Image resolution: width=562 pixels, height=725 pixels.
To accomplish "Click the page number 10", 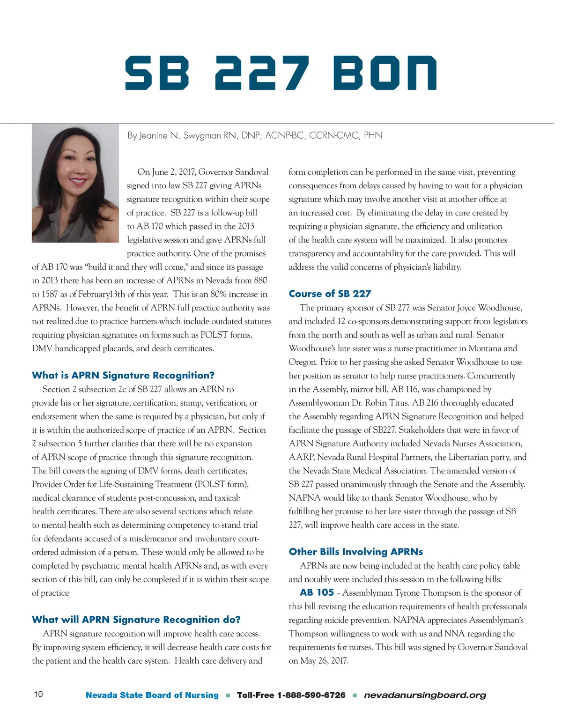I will pos(38,694).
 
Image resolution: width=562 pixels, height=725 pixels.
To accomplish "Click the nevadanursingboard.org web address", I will pos(425,695).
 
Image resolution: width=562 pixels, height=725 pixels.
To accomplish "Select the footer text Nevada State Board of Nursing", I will pos(152,695).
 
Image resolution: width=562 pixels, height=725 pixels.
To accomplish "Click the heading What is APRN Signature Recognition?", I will pos(123,375).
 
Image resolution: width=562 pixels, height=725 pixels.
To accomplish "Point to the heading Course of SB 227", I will pos(330,294).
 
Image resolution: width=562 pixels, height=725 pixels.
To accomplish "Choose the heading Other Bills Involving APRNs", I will pos(356,552).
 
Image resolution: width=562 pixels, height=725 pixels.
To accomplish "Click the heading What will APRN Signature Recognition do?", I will pos(136,620).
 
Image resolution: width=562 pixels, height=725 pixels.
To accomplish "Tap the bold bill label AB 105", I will pos(317,592).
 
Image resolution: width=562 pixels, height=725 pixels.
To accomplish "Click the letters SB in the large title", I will pos(157,73).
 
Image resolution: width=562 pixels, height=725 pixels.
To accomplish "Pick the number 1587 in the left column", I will pos(53,294).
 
